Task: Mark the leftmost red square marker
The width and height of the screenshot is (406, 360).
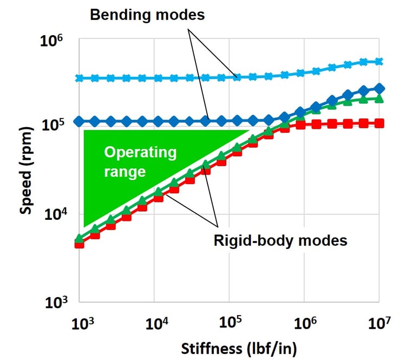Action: click(80, 244)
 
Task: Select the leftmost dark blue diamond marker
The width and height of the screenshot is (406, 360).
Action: click(80, 121)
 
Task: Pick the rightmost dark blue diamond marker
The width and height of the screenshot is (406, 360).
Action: click(379, 88)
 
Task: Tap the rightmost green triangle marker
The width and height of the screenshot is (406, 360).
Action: click(379, 99)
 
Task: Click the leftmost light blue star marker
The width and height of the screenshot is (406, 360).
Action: click(80, 78)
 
